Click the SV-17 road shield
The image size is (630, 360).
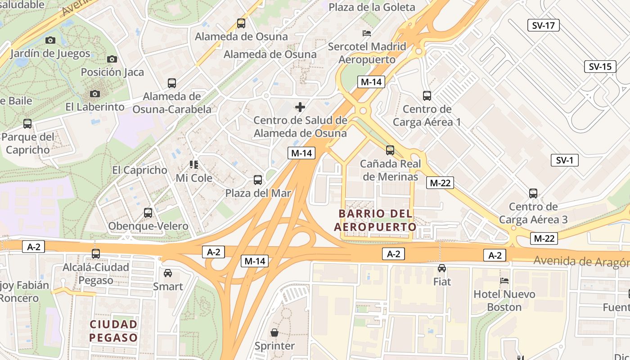tap(543, 25)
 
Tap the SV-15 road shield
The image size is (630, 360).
tap(600, 67)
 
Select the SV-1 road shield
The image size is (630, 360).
tap(564, 160)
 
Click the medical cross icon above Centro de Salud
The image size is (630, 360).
tap(300, 107)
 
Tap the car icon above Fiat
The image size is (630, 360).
tap(442, 268)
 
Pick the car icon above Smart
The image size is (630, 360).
tap(168, 273)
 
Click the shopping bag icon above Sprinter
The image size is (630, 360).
tap(274, 333)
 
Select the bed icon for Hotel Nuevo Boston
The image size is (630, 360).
tap(504, 281)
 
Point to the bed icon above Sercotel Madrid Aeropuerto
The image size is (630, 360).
tap(367, 33)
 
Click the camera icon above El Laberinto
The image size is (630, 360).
tap(94, 94)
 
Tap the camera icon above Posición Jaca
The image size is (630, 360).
tap(112, 59)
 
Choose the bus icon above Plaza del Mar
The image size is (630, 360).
tap(258, 180)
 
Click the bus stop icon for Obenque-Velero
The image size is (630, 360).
tap(148, 213)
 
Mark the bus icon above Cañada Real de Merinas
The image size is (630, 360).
tap(390, 150)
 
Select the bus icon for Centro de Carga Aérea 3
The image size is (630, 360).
tap(533, 193)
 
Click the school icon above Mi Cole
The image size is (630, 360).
tap(194, 165)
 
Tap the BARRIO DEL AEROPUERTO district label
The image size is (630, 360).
tap(375, 220)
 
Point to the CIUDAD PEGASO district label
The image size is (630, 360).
tap(113, 331)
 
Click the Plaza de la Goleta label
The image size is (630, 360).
tap(372, 7)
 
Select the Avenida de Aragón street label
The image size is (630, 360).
tap(581, 261)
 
